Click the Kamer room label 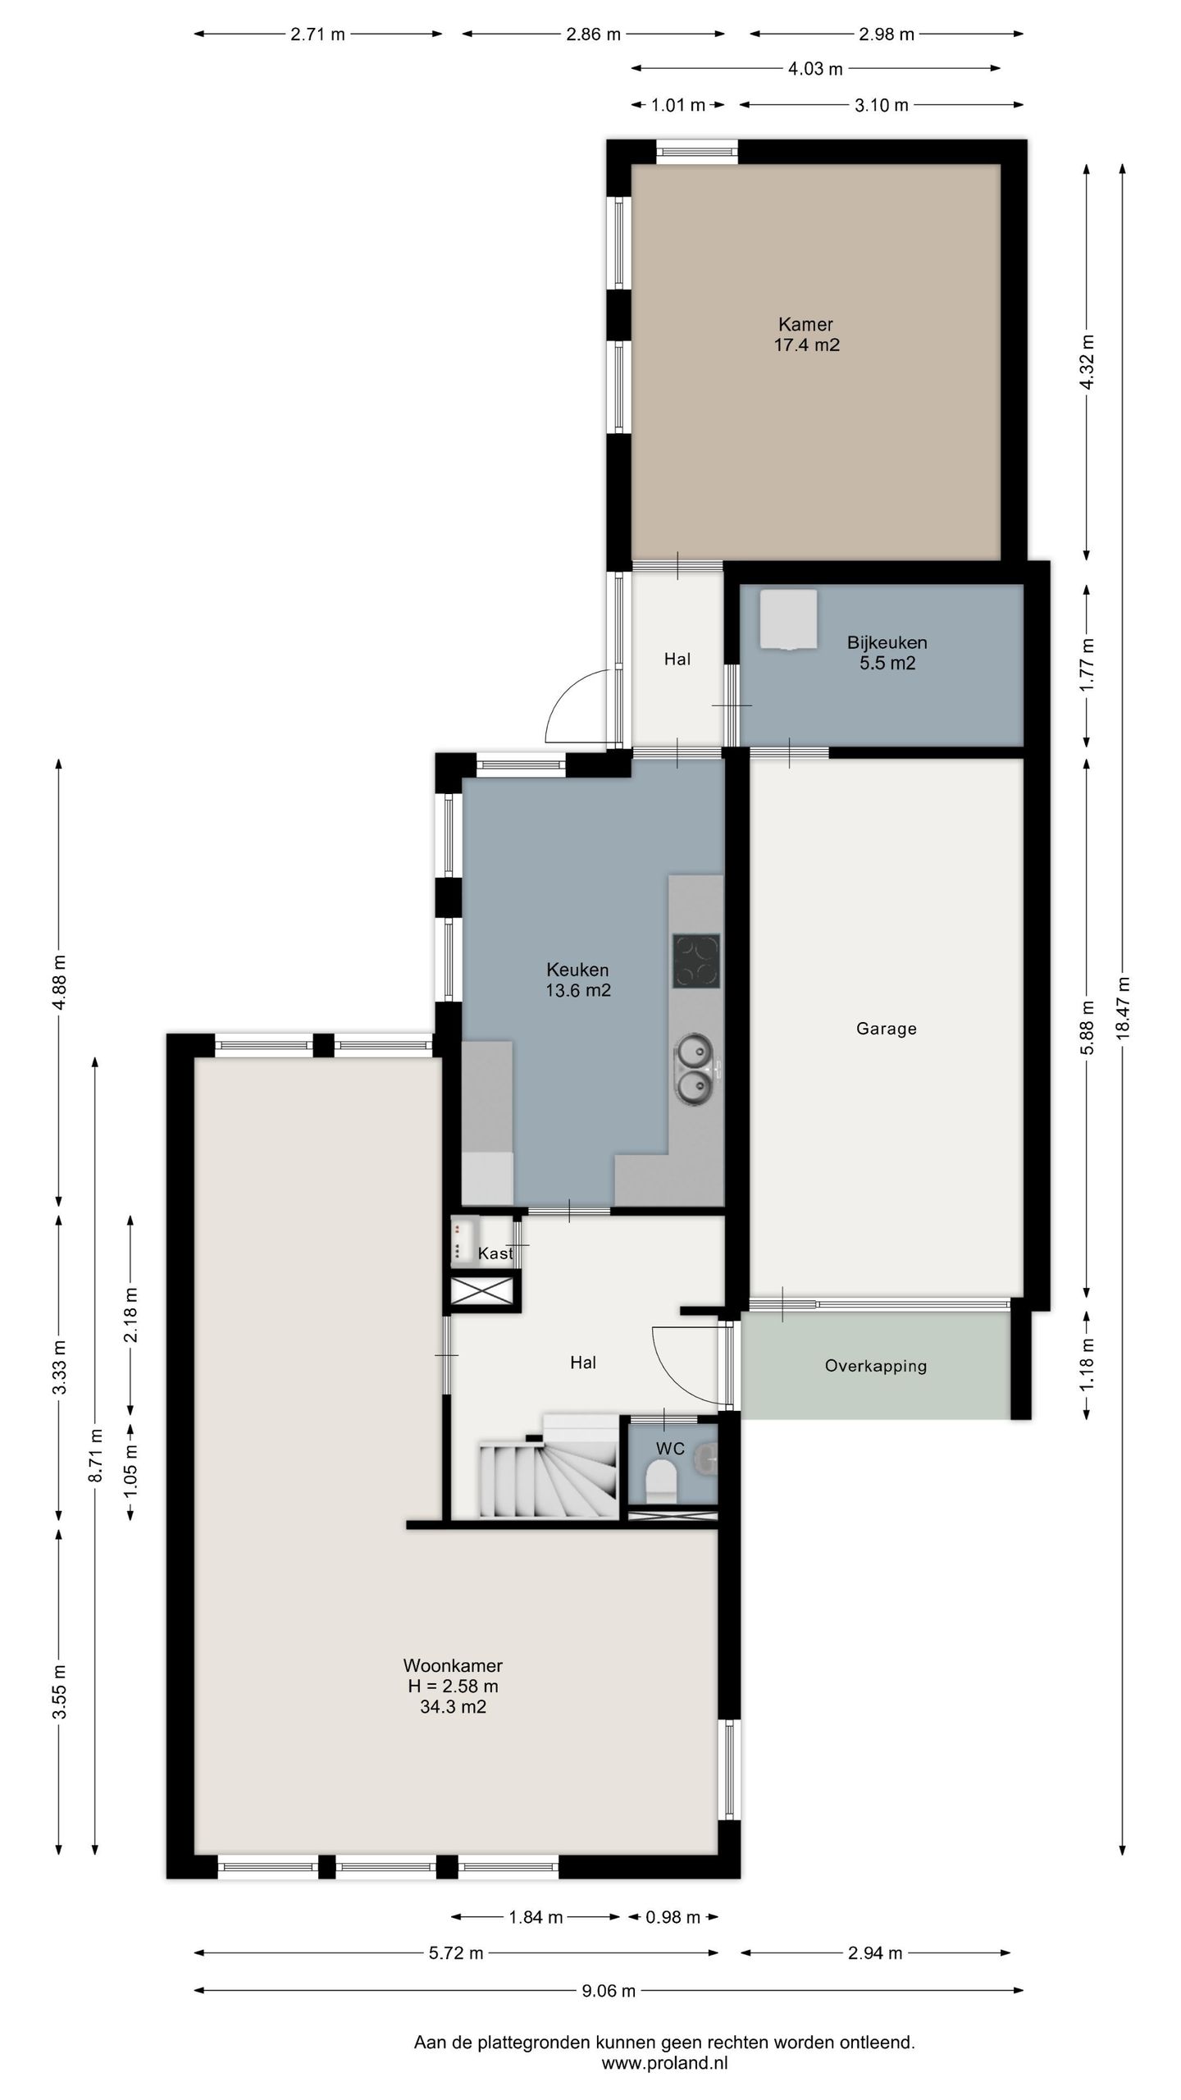[x=805, y=324]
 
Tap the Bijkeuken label [x=887, y=642]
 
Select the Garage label [x=886, y=1028]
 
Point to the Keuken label [x=577, y=970]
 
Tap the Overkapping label [x=876, y=1366]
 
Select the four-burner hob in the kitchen [x=696, y=961]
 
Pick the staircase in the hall [x=548, y=1466]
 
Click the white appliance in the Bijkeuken [x=788, y=619]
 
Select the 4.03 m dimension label [x=815, y=69]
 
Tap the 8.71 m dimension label [x=96, y=1455]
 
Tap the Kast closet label [x=495, y=1253]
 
